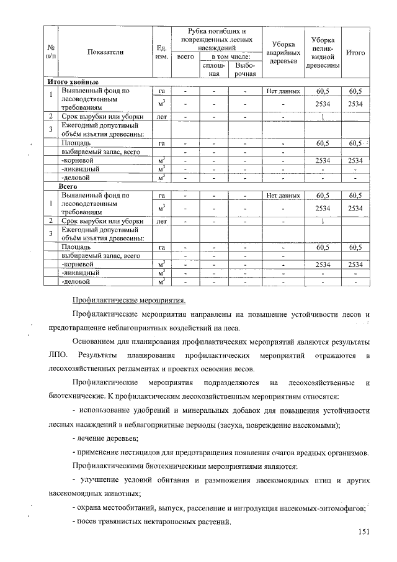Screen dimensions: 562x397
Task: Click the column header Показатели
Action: (105, 53)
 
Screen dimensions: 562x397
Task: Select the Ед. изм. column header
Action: (159, 53)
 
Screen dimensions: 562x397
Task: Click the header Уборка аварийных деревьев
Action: (282, 53)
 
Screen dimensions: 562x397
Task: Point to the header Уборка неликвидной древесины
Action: (323, 53)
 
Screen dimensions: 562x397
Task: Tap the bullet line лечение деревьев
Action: (105, 438)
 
